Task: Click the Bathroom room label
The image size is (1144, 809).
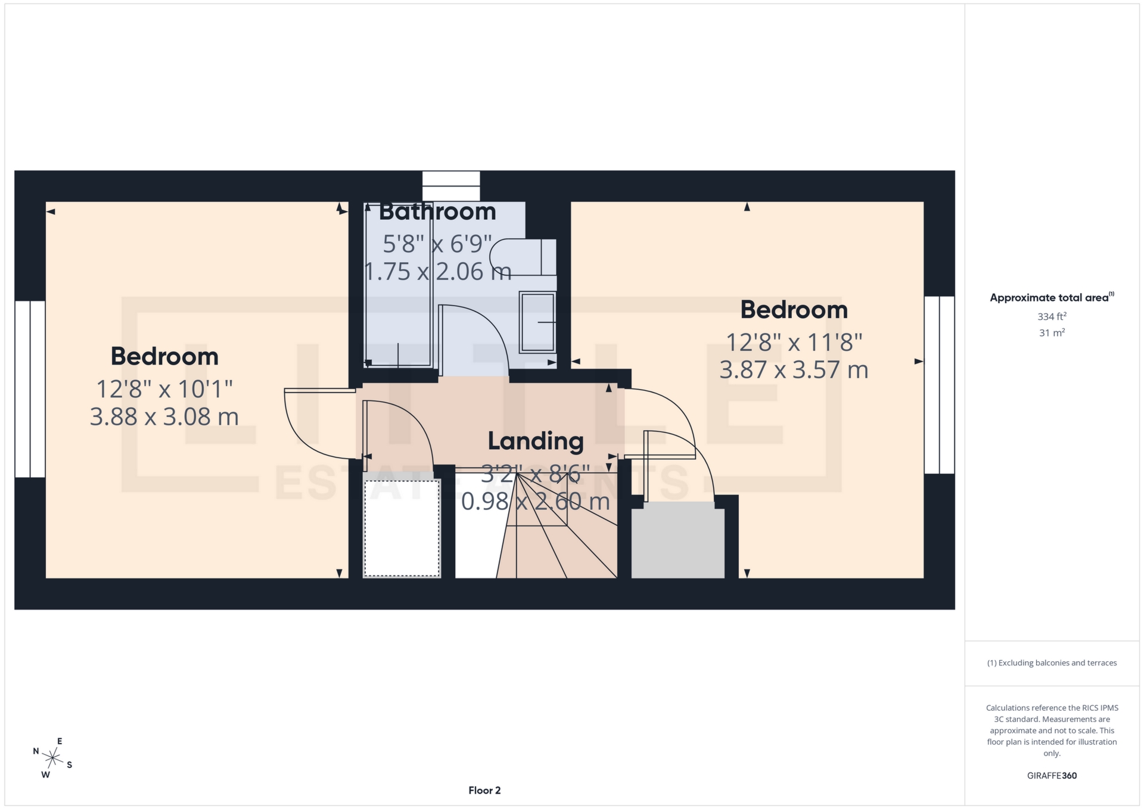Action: pos(437,212)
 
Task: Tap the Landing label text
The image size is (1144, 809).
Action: pos(535,441)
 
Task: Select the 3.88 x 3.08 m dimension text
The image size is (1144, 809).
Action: pos(164,417)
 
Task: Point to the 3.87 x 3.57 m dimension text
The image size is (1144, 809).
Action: pos(794,371)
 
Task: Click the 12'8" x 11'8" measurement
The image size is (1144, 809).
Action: pos(794,343)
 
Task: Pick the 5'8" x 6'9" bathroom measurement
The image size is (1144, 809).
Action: pos(437,244)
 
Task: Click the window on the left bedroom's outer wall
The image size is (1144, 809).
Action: pos(30,389)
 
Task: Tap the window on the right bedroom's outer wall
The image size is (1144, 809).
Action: pos(939,385)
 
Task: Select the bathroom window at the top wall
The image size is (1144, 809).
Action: pos(451,186)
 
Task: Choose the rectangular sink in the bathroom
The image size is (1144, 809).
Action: pos(537,322)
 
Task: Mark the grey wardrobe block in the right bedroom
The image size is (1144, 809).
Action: pos(677,540)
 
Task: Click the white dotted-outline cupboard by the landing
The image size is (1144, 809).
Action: pos(402,527)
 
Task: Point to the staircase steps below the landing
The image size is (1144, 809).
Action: pos(557,536)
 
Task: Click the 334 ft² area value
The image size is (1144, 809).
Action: pos(1052,316)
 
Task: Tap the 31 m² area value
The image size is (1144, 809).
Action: pos(1052,333)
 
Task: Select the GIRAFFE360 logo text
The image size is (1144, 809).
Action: pos(1052,776)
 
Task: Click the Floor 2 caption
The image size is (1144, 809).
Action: pos(484,791)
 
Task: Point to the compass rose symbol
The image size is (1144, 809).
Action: pos(53,758)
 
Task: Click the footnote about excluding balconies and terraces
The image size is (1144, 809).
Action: pos(1052,663)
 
